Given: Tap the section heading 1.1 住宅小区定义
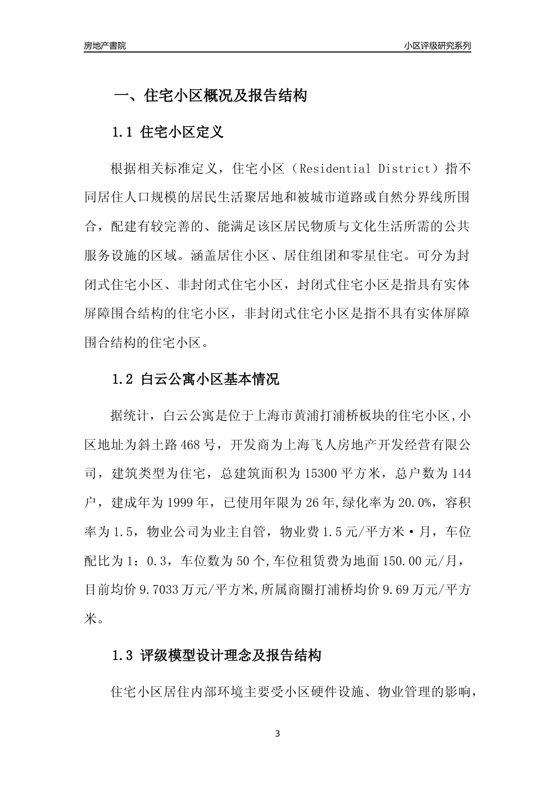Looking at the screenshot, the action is (167, 132).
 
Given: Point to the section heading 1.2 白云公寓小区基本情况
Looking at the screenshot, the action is (195, 380).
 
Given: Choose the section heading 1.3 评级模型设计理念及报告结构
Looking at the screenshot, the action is (216, 655).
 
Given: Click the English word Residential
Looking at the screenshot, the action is (335, 169).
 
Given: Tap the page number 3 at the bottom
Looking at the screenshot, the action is (277, 734).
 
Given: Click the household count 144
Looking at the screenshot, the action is (461, 474).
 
